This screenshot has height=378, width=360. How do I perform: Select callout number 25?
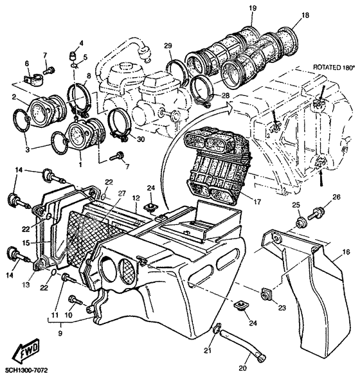(296, 204)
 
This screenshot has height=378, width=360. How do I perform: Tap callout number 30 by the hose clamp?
(141, 139)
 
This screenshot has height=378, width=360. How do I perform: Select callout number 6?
(27, 63)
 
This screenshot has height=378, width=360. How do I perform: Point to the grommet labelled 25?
(300, 222)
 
